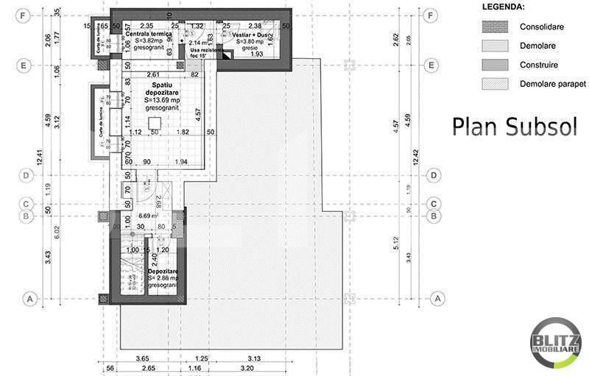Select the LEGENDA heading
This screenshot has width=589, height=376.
[503, 7]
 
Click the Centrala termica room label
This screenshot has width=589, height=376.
[148, 34]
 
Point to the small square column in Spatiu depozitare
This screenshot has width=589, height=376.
[155, 123]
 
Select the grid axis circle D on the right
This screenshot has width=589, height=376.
[434, 175]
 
